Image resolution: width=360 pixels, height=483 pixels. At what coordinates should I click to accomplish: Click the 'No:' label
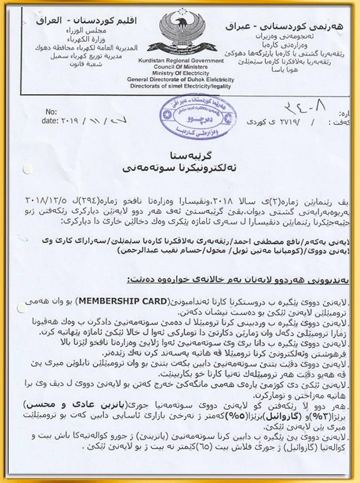coord(51,111)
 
